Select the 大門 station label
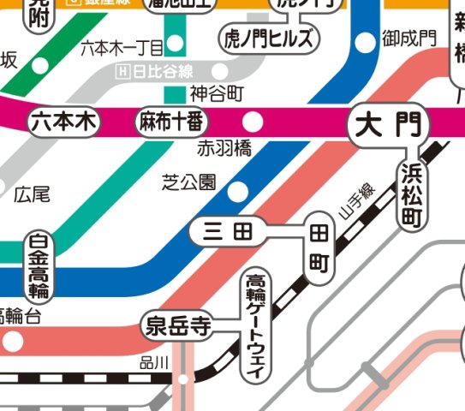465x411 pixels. [388, 126]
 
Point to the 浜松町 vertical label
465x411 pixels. [411, 194]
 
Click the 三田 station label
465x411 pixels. [229, 230]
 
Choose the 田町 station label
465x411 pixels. [318, 247]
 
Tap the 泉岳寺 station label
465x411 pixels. [178, 326]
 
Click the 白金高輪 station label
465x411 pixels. [39, 266]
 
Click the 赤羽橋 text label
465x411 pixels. [224, 148]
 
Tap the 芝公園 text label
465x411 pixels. [190, 182]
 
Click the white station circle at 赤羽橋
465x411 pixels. [253, 120]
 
